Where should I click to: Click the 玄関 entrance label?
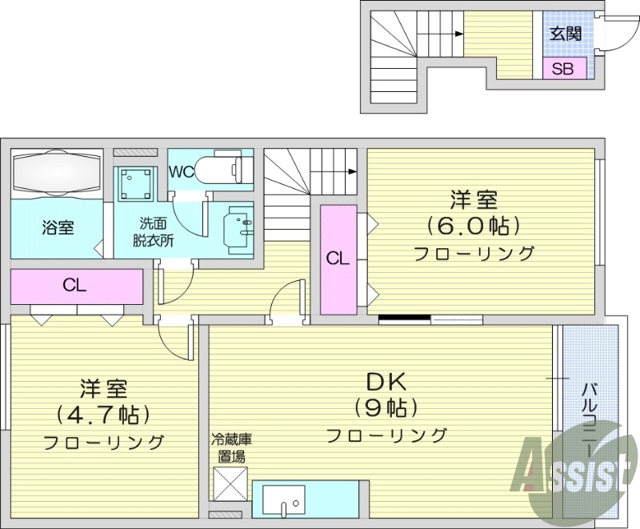tap(565, 34)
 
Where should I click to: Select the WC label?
tap(181, 171)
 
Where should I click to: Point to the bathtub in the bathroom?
tap(56, 171)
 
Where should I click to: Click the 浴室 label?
tap(58, 227)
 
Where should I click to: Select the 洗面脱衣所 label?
tap(153, 232)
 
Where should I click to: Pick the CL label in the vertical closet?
tap(338, 258)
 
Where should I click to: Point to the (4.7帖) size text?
tap(104, 415)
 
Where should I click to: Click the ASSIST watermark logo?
tap(573, 468)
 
